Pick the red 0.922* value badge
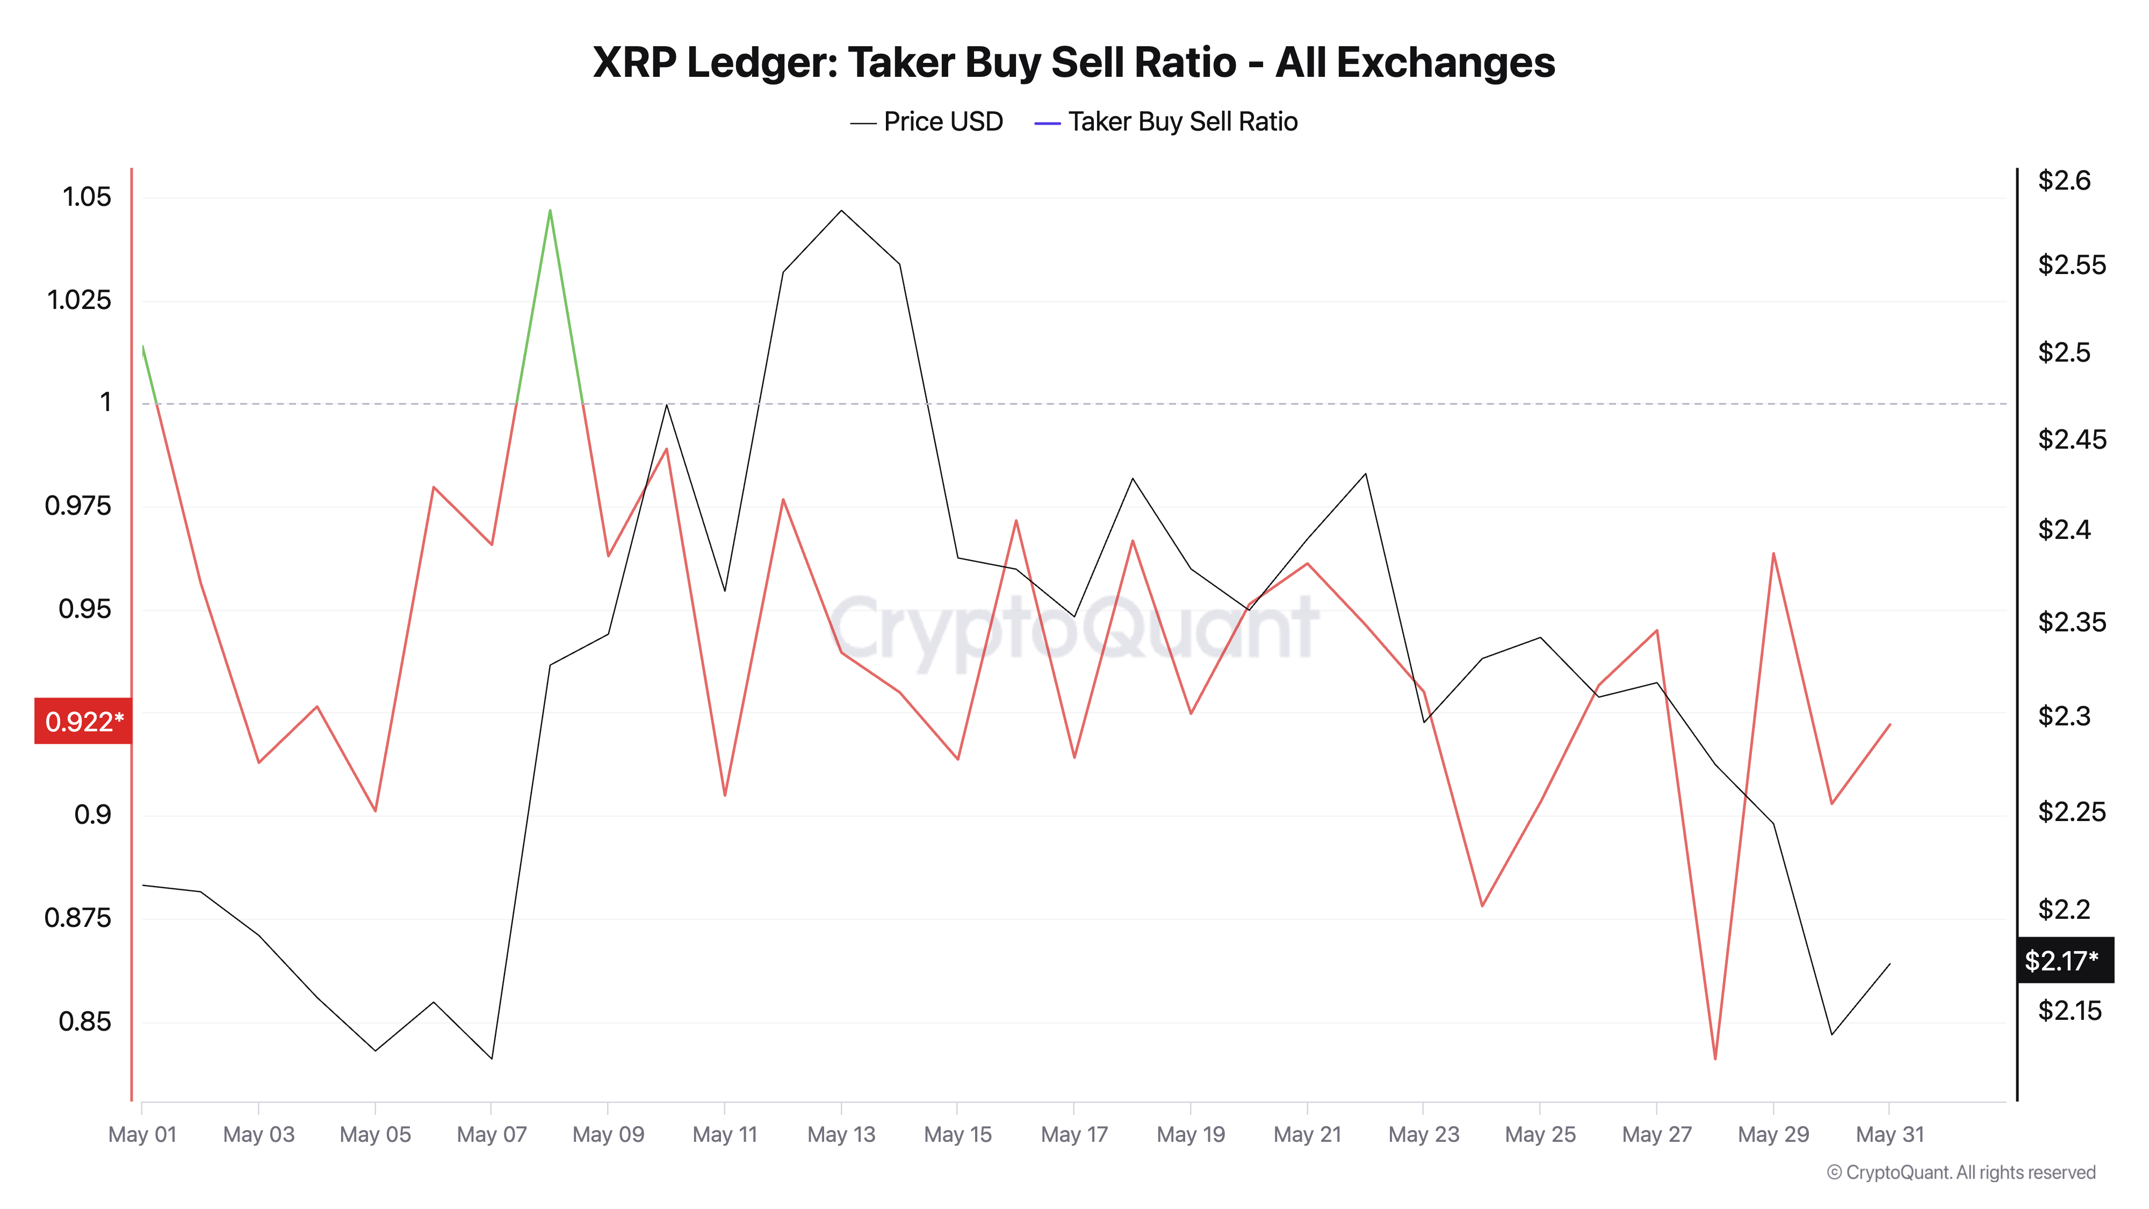pos(83,721)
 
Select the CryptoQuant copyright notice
pos(1960,1172)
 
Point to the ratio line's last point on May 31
pos(1890,724)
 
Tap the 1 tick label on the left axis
pos(105,403)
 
